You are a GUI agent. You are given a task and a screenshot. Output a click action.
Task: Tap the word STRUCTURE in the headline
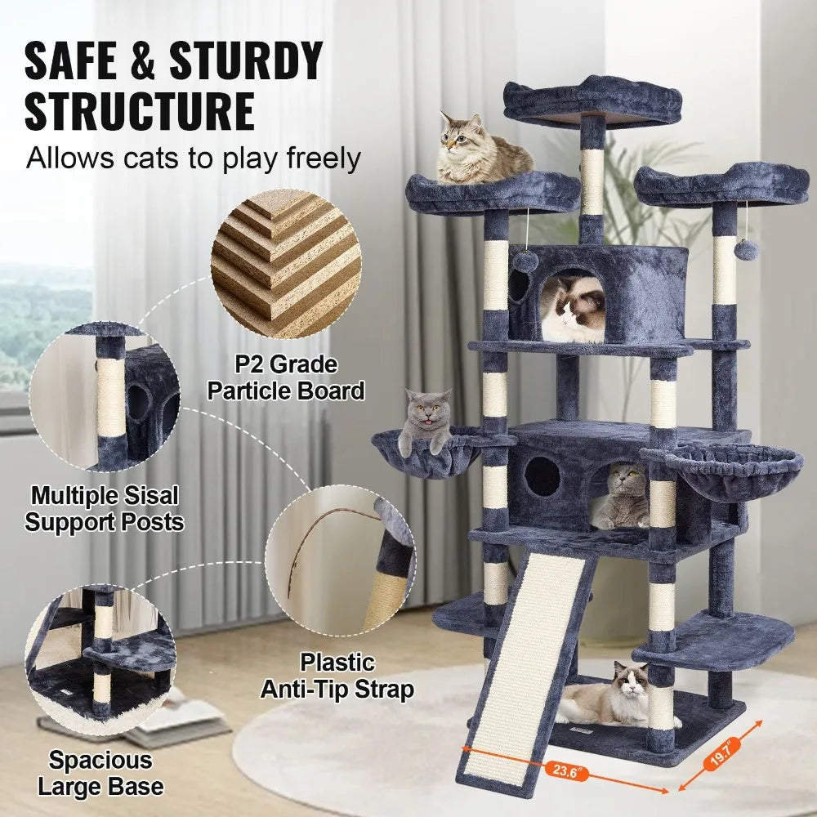click(x=139, y=113)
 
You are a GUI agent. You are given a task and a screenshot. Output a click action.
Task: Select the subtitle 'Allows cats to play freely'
click(x=193, y=158)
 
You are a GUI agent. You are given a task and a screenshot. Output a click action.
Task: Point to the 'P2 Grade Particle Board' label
click(x=285, y=377)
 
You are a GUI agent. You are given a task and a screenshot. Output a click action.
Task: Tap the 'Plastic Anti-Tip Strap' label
click(x=337, y=675)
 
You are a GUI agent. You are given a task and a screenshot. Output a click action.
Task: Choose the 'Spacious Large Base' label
click(x=100, y=772)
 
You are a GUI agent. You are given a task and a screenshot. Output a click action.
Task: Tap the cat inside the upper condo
click(x=573, y=310)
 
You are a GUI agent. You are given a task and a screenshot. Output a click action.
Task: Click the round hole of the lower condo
click(x=542, y=476)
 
